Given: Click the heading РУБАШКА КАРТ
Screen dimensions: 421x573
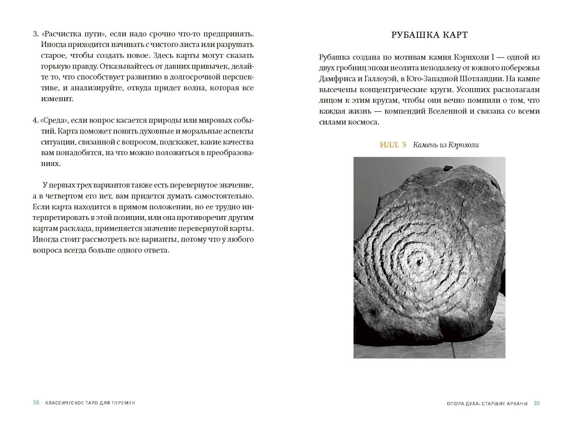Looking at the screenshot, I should (429, 35).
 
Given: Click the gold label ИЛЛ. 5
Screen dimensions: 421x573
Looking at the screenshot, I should (393, 145).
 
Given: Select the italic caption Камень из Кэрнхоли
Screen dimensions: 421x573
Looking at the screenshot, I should (446, 145).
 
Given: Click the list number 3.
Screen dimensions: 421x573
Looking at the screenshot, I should (35, 34).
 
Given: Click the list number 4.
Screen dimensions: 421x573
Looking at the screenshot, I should (35, 121).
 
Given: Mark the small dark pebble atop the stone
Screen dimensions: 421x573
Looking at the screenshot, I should (447, 168).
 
